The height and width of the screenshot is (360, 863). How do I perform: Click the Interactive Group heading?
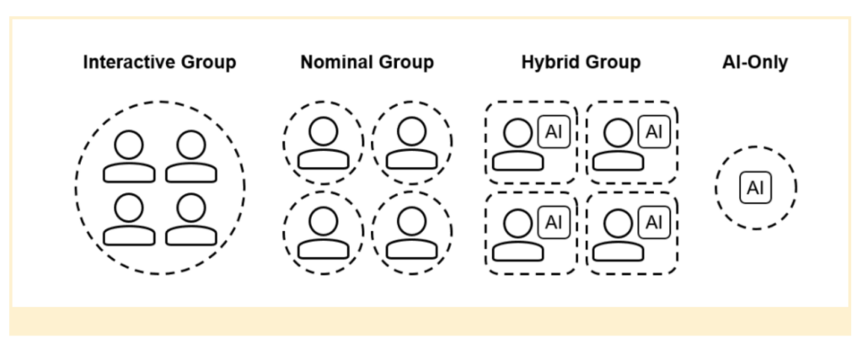[159, 62]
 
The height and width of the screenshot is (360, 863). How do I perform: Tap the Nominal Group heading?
[367, 62]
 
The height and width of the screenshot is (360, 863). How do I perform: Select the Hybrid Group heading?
[582, 62]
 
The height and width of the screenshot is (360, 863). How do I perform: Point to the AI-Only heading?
[755, 62]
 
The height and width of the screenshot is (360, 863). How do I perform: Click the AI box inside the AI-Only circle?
[755, 188]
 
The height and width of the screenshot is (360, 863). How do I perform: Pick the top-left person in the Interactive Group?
[129, 157]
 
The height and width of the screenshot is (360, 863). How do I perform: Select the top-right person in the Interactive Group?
[191, 157]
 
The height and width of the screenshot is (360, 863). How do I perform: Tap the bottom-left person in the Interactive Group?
[129, 219]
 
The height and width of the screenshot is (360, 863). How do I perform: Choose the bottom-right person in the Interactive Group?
[191, 219]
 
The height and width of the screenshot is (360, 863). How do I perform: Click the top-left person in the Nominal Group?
[323, 143]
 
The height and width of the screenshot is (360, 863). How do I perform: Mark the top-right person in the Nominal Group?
[411, 143]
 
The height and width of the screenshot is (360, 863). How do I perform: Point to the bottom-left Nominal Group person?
[323, 233]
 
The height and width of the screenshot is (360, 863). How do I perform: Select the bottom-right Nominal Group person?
[411, 233]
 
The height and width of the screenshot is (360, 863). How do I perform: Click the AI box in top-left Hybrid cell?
[554, 132]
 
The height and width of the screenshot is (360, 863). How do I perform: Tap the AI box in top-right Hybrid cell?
[654, 132]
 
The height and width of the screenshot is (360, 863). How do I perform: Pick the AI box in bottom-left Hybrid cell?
[554, 223]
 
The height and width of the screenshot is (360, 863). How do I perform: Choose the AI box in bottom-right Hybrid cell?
[654, 223]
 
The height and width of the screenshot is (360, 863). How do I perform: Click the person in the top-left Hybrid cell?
[518, 144]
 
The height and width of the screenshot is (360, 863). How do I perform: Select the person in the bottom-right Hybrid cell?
[618, 234]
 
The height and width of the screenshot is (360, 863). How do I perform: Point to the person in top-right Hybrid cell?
[618, 144]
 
